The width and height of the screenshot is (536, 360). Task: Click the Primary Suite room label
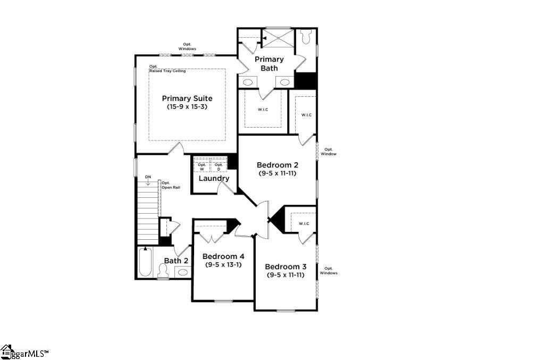coord(187,98)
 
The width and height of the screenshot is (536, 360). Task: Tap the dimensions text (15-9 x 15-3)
coord(187,107)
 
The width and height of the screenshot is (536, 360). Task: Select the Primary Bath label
coord(269,63)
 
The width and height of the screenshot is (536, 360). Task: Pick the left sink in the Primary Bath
coord(248,82)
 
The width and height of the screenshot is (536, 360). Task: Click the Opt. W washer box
coord(202,166)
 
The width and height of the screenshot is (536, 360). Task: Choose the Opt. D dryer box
coord(218,166)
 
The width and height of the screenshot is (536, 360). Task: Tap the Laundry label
coord(214,179)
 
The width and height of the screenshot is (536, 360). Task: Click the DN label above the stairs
coord(148,177)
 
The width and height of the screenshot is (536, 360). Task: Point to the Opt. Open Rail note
coord(170,185)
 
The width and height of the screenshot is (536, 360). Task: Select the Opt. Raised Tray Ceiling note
coord(167,69)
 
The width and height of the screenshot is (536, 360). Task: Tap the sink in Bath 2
coord(183,272)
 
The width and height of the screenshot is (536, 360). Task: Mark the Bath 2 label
coord(176,261)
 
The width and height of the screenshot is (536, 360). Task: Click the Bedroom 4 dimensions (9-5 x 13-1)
coord(222,264)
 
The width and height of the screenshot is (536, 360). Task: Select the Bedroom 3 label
coord(286,266)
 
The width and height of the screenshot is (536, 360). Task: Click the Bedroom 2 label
coord(277,165)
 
